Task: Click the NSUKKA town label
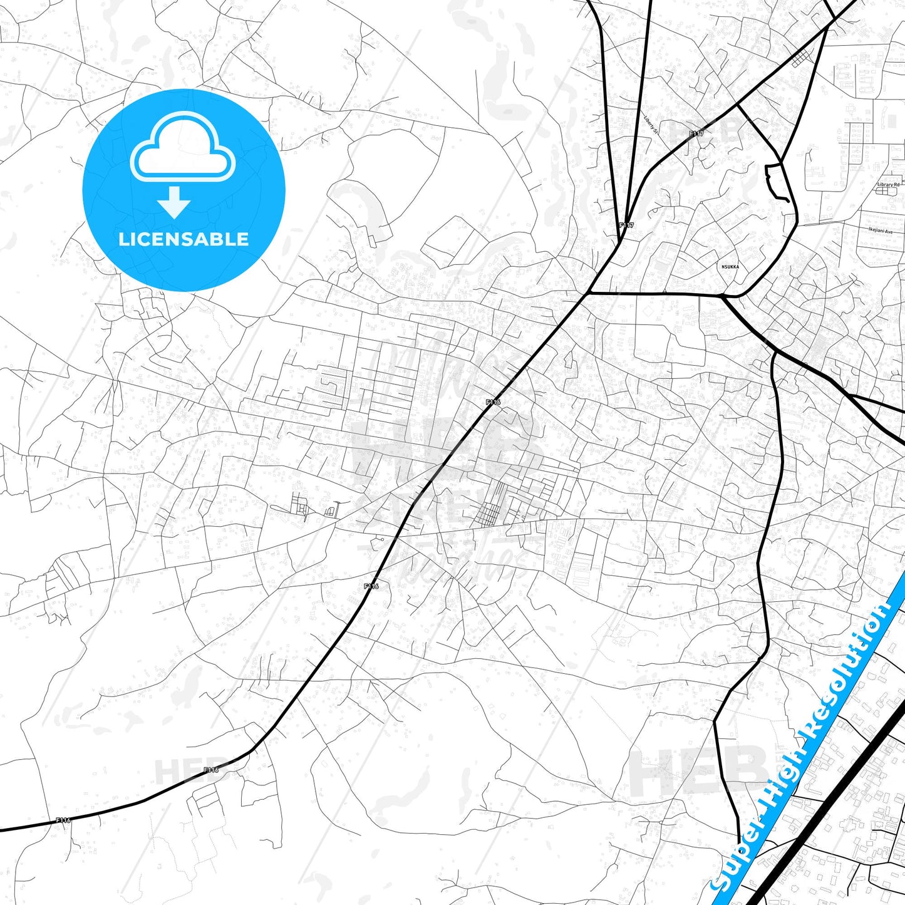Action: [730, 267]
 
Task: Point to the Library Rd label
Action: [888, 185]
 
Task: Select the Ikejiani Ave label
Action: [881, 231]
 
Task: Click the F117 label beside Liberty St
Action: [696, 134]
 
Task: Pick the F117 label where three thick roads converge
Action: [626, 225]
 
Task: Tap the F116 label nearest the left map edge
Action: [63, 820]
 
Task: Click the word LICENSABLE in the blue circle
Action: [184, 239]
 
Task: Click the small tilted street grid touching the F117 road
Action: [800, 58]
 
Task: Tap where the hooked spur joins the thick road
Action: [782, 164]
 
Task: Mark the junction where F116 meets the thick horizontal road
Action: [588, 292]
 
